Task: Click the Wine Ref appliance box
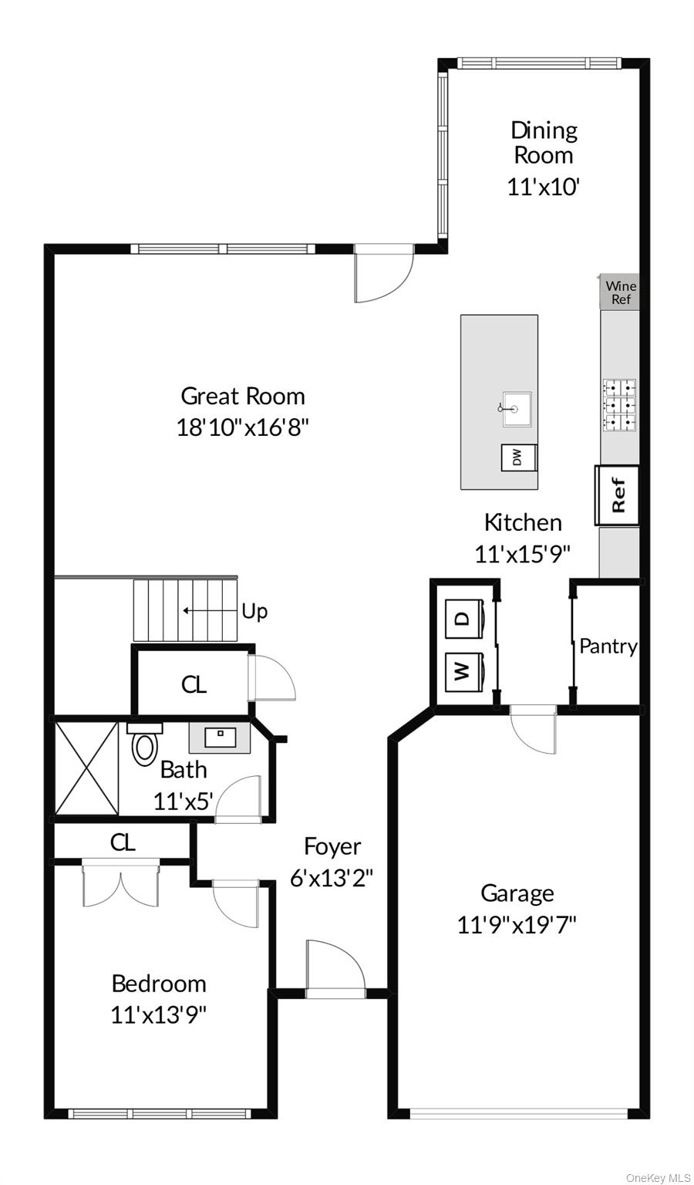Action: [619, 292]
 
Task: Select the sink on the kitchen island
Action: [517, 408]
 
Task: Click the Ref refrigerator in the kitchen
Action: [617, 495]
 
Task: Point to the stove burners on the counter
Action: [619, 405]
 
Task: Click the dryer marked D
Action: [463, 619]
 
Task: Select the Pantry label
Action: [608, 647]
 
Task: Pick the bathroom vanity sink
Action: [220, 738]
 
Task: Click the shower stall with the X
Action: [86, 768]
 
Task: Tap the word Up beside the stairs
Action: [254, 612]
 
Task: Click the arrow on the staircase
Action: [210, 610]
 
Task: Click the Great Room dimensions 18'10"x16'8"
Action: [242, 427]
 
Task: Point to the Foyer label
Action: [332, 846]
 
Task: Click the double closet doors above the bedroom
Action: [121, 885]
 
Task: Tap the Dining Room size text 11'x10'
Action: [544, 187]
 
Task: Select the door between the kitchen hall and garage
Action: [533, 729]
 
